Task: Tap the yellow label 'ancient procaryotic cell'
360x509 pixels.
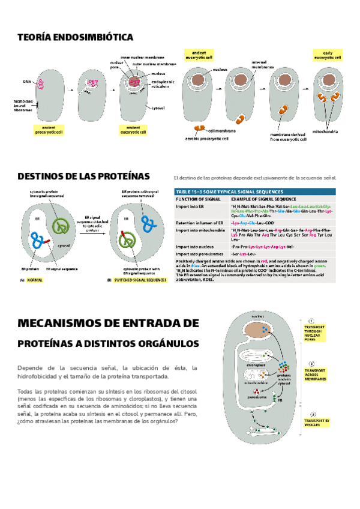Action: (46, 130)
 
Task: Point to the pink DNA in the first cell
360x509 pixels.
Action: (41, 83)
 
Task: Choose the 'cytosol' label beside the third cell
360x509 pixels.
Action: (158, 109)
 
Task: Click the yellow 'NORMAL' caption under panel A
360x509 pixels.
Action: (35, 280)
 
